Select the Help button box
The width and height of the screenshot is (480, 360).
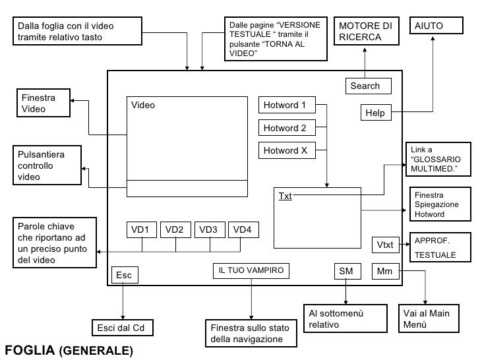click(x=376, y=113)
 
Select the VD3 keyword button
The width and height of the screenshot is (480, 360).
click(x=209, y=229)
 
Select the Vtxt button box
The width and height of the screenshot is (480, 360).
click(x=386, y=245)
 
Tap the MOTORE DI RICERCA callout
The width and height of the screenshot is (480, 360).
click(x=365, y=31)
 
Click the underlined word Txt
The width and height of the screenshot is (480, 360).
click(x=285, y=196)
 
